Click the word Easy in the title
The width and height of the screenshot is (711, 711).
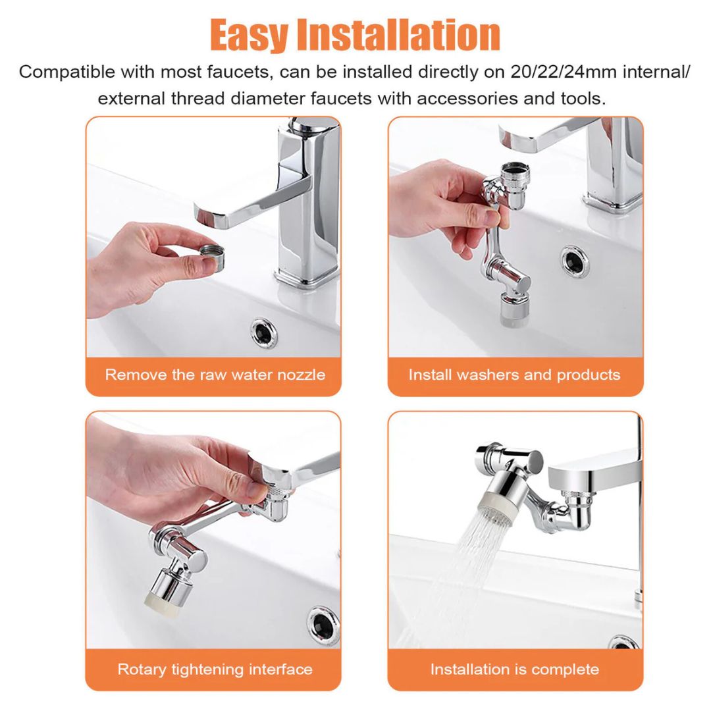coord(249,35)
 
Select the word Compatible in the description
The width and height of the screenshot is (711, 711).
coord(67,72)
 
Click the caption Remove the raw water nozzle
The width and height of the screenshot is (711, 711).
coord(215,375)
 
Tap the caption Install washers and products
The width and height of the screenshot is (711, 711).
coord(514,375)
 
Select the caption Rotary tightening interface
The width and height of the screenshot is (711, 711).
coord(215,670)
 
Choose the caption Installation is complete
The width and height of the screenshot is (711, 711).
coord(515,670)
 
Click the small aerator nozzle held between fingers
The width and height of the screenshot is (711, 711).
coord(212,258)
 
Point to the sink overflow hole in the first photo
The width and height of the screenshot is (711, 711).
coord(265,333)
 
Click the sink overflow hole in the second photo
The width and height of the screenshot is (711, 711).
coord(575,261)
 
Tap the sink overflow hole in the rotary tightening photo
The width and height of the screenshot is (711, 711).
coord(324,625)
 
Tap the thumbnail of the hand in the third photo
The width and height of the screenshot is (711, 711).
coord(257,490)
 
